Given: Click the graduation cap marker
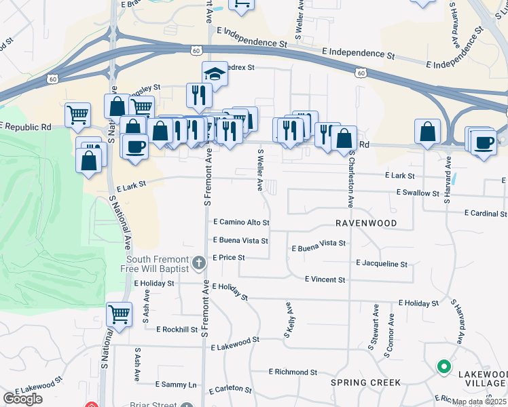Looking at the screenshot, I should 215,73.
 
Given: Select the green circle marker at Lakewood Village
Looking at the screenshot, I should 444,367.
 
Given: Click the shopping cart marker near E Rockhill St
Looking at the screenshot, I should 119,314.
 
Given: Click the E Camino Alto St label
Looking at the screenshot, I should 241,222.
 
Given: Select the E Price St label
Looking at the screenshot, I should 228,258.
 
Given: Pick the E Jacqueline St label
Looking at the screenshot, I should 381,264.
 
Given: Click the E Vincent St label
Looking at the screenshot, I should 325,279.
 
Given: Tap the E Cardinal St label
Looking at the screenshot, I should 486,213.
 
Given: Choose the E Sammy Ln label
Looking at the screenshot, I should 176,385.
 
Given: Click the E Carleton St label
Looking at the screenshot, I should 230,390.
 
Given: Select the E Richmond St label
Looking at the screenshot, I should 293,372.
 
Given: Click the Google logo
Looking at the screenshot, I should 22,399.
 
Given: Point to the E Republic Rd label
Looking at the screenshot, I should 27,126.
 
